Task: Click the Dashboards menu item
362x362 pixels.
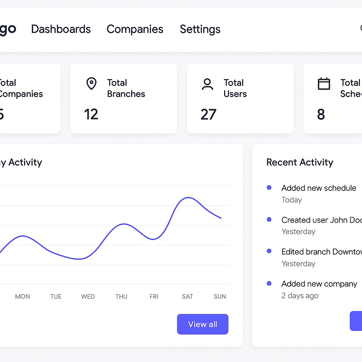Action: [61, 29]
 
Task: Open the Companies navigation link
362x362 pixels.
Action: [135, 29]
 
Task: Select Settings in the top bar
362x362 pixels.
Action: [200, 29]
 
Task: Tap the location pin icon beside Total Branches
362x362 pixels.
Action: [92, 84]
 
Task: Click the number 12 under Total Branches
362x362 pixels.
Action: [91, 114]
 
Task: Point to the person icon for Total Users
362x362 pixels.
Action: [207, 84]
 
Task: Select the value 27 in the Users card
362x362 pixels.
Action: [208, 114]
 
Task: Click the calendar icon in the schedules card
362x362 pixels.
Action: [324, 84]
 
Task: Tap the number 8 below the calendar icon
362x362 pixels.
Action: [321, 114]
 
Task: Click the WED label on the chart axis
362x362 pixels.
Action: [88, 297]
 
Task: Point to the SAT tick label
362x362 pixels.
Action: [187, 297]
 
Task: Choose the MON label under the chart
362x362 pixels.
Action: [22, 297]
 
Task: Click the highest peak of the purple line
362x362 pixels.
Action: [188, 198]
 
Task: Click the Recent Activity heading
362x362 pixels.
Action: [300, 162]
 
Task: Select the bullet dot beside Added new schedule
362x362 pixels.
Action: [269, 188]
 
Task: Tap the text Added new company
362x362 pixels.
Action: [319, 284]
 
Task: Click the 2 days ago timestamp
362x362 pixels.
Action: [300, 296]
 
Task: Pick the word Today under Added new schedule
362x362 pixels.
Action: [292, 200]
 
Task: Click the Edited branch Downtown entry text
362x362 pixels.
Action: [321, 252]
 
